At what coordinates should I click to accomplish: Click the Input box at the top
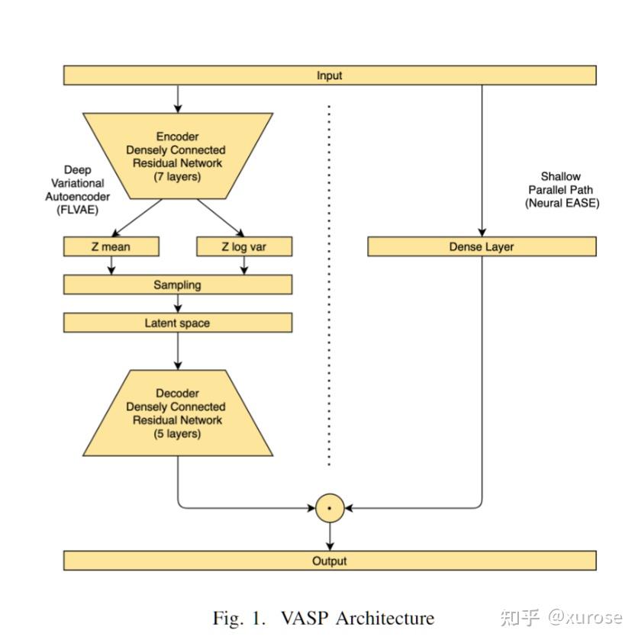coord(329,76)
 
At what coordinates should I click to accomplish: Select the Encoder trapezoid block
coord(178,156)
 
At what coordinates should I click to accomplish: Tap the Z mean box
coord(111,246)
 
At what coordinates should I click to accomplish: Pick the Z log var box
coord(244,246)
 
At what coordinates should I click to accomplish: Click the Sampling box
coord(177,285)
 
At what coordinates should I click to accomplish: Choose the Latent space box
coord(177,323)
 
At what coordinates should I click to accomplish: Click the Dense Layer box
coord(482,246)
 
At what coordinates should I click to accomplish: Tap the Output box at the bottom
coord(329,561)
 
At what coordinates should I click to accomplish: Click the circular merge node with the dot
coord(330,507)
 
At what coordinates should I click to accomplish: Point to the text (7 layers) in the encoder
coord(178,177)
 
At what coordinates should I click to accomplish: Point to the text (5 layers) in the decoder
coord(178,433)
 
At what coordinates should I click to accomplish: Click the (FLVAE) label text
coord(77,211)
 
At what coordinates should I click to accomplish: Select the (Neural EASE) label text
coord(562,203)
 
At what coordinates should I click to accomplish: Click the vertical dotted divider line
coord(330,282)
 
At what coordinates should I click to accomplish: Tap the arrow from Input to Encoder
coord(178,98)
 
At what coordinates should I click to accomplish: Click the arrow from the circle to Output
coord(330,535)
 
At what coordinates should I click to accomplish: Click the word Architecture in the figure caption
coord(384,617)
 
